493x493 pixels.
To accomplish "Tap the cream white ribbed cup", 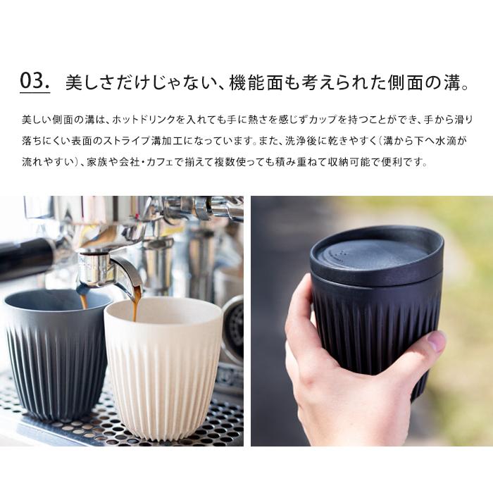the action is [x=163, y=368].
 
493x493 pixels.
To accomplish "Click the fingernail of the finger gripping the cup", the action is [x=437, y=340].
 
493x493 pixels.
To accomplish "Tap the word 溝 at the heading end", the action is [x=452, y=82].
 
